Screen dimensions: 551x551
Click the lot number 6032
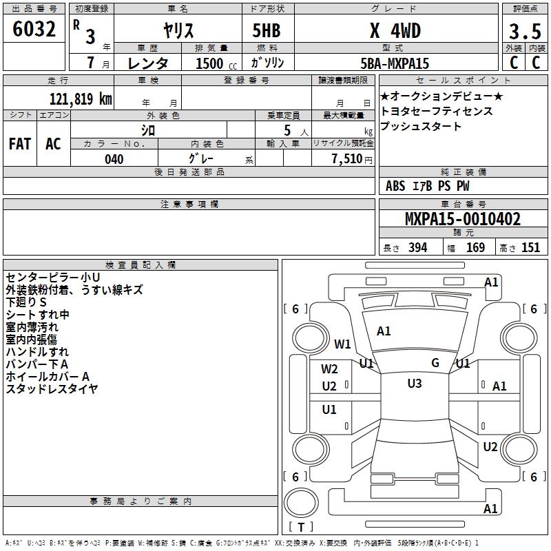(x=34, y=30)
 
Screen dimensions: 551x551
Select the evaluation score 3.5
(x=524, y=31)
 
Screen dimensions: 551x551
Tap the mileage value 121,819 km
(x=81, y=98)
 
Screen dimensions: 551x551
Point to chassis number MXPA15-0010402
(x=462, y=220)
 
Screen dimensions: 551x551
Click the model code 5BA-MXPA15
(x=395, y=63)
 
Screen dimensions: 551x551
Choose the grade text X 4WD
(x=395, y=31)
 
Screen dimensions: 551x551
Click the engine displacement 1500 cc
(x=210, y=63)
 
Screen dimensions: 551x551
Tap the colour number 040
(x=114, y=159)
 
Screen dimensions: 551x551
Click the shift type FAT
(x=20, y=144)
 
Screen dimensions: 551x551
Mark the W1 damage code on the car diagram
(x=342, y=344)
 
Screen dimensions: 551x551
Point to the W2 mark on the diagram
(x=329, y=369)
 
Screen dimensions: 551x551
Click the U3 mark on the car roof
(x=415, y=384)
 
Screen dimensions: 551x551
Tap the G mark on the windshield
(x=435, y=362)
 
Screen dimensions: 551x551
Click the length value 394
(x=417, y=248)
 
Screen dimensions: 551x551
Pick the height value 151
(x=530, y=248)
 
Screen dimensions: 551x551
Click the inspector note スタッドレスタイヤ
(x=52, y=388)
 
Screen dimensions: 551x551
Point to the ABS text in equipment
(x=395, y=186)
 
